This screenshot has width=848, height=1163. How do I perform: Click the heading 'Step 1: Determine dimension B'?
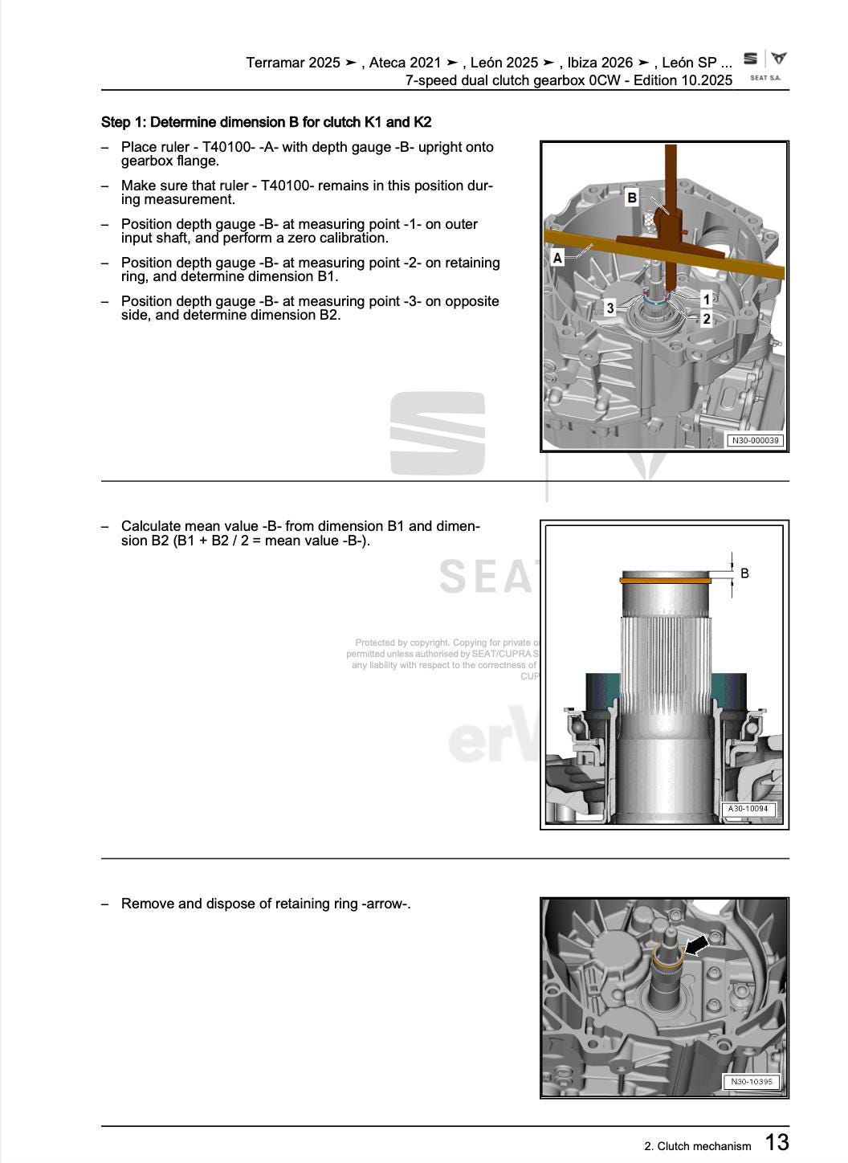pos(266,122)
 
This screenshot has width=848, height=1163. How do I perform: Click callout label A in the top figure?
pos(557,258)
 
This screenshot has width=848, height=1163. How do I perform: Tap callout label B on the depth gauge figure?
pos(632,198)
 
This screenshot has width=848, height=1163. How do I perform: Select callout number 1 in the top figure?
pos(706,300)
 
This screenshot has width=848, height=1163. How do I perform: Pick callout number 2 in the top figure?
pos(706,319)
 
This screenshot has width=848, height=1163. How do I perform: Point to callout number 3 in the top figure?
pos(610,308)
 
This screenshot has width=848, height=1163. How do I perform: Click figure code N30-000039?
pos(754,440)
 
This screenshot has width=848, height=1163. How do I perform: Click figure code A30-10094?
pos(748,809)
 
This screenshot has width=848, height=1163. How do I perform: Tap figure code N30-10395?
pos(751,1081)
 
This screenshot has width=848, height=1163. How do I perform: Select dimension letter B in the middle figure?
pos(744,573)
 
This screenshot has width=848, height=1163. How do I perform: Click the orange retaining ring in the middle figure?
pos(666,577)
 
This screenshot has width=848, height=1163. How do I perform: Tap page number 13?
pos(776,1142)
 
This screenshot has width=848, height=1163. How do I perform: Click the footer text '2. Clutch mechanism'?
pos(697,1146)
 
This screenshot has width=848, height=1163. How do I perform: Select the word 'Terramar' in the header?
pos(275,63)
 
